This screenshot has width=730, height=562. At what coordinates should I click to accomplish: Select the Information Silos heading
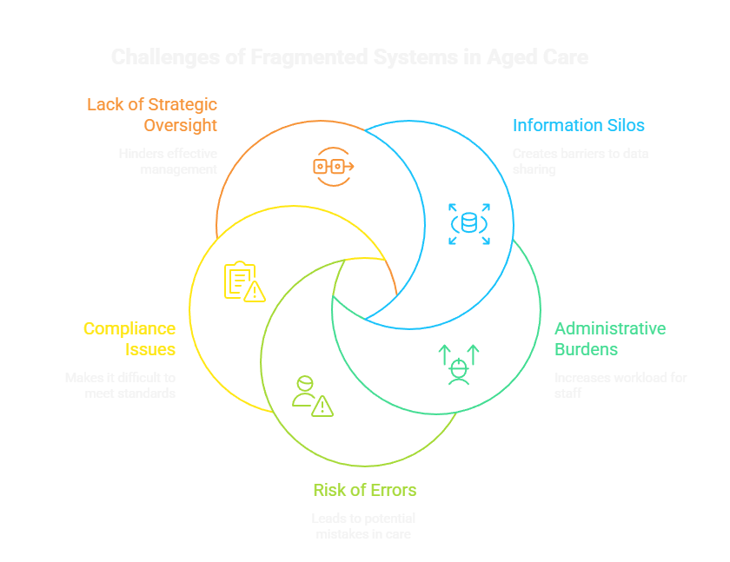click(x=578, y=125)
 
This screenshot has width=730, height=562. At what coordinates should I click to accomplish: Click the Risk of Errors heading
click(x=364, y=490)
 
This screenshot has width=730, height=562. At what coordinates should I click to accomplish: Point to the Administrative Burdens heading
click(x=610, y=339)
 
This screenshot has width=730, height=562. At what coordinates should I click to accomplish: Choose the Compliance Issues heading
click(x=129, y=339)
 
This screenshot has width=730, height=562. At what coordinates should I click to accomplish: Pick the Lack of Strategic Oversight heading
click(x=152, y=115)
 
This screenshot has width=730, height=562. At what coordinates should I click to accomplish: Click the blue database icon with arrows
click(x=469, y=223)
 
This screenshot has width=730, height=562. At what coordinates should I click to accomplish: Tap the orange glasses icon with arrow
click(x=334, y=166)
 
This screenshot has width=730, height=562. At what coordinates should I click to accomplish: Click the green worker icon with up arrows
click(x=458, y=363)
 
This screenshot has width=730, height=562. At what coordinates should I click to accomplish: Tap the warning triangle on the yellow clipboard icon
click(x=255, y=292)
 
